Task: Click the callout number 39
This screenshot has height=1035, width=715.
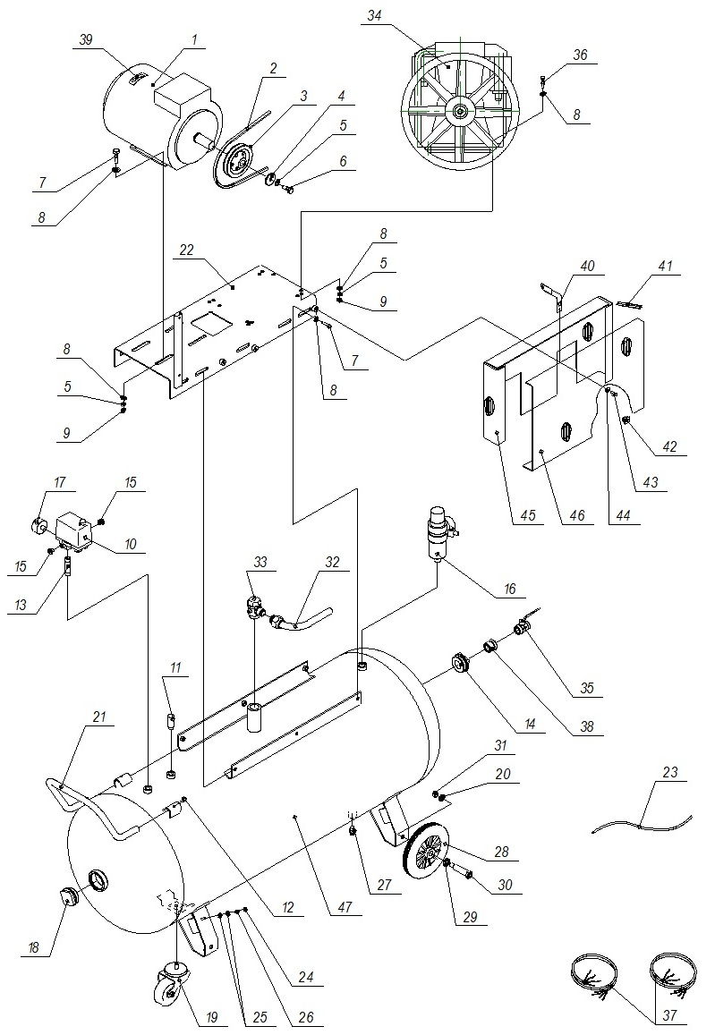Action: tap(85, 39)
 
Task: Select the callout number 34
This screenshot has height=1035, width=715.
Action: tap(374, 16)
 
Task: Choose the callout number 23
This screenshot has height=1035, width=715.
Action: tap(670, 772)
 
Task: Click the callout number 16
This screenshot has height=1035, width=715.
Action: tap(510, 589)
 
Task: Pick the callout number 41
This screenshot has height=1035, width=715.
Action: tap(665, 266)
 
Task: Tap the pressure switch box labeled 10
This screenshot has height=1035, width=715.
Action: tap(72, 530)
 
